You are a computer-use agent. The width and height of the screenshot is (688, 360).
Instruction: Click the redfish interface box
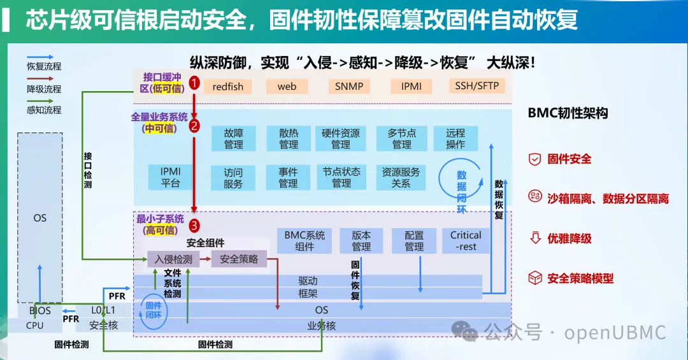227,87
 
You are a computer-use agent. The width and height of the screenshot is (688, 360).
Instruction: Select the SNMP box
349,87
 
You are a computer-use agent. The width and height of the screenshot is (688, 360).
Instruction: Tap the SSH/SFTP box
477,85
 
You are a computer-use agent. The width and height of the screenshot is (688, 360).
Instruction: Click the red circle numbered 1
194,83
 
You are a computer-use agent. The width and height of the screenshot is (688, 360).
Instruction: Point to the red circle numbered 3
194,226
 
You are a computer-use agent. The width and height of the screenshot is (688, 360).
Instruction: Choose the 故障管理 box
233,138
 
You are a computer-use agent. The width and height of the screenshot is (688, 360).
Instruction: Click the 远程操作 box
455,138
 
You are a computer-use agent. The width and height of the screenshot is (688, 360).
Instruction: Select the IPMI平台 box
170,177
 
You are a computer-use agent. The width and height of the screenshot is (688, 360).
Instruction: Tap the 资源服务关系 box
401,177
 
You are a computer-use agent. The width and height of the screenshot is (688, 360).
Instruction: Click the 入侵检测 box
173,259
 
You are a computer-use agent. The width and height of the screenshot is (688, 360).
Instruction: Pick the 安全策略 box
239,259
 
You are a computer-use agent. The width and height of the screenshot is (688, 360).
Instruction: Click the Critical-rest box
466,241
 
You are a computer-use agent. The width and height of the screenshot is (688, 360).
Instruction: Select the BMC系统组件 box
305,241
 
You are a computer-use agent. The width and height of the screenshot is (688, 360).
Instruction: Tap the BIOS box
40,310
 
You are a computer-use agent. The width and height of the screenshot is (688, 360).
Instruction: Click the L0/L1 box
104,310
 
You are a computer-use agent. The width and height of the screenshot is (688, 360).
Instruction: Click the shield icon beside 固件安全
534,159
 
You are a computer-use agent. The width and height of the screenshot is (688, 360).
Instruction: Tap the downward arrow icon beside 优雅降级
535,238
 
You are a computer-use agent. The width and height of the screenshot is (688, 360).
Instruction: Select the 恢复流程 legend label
44,67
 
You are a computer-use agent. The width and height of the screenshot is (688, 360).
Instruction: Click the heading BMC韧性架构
568,113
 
